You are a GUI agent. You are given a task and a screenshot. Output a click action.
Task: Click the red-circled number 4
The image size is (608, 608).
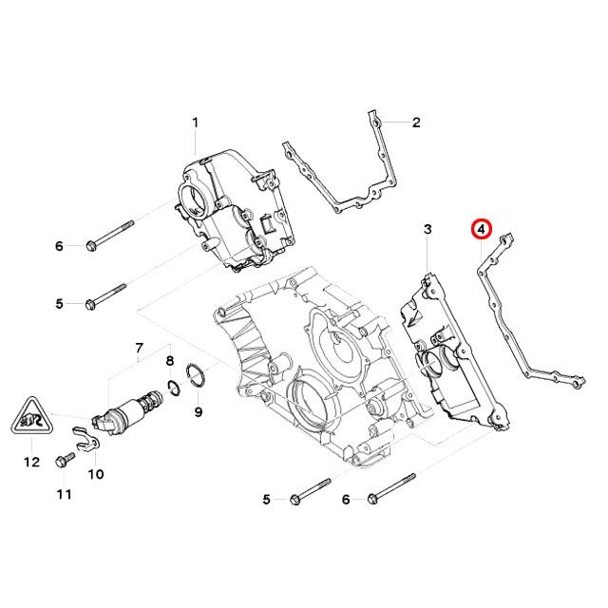pos(482,229)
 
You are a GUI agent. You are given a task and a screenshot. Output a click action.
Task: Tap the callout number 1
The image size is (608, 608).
pos(196,123)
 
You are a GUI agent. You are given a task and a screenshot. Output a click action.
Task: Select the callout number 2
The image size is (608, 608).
pos(415,123)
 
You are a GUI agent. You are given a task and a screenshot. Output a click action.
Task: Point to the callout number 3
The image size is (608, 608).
pos(427,230)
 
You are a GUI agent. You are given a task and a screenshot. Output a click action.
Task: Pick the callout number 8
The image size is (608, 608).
pos(170,361)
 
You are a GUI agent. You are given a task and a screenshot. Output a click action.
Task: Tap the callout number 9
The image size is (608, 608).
pos(198,411)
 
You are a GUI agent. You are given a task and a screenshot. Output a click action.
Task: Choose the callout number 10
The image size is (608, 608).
pos(96,473)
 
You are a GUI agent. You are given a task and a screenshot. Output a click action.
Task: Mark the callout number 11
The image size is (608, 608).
pos(64,494)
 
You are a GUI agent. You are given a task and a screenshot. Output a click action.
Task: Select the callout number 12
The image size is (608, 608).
pos(31,463)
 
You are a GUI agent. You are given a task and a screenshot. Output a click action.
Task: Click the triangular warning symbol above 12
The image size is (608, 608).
pos(31,418)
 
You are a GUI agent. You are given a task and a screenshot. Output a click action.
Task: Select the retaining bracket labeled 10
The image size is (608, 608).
pos(88,440)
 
